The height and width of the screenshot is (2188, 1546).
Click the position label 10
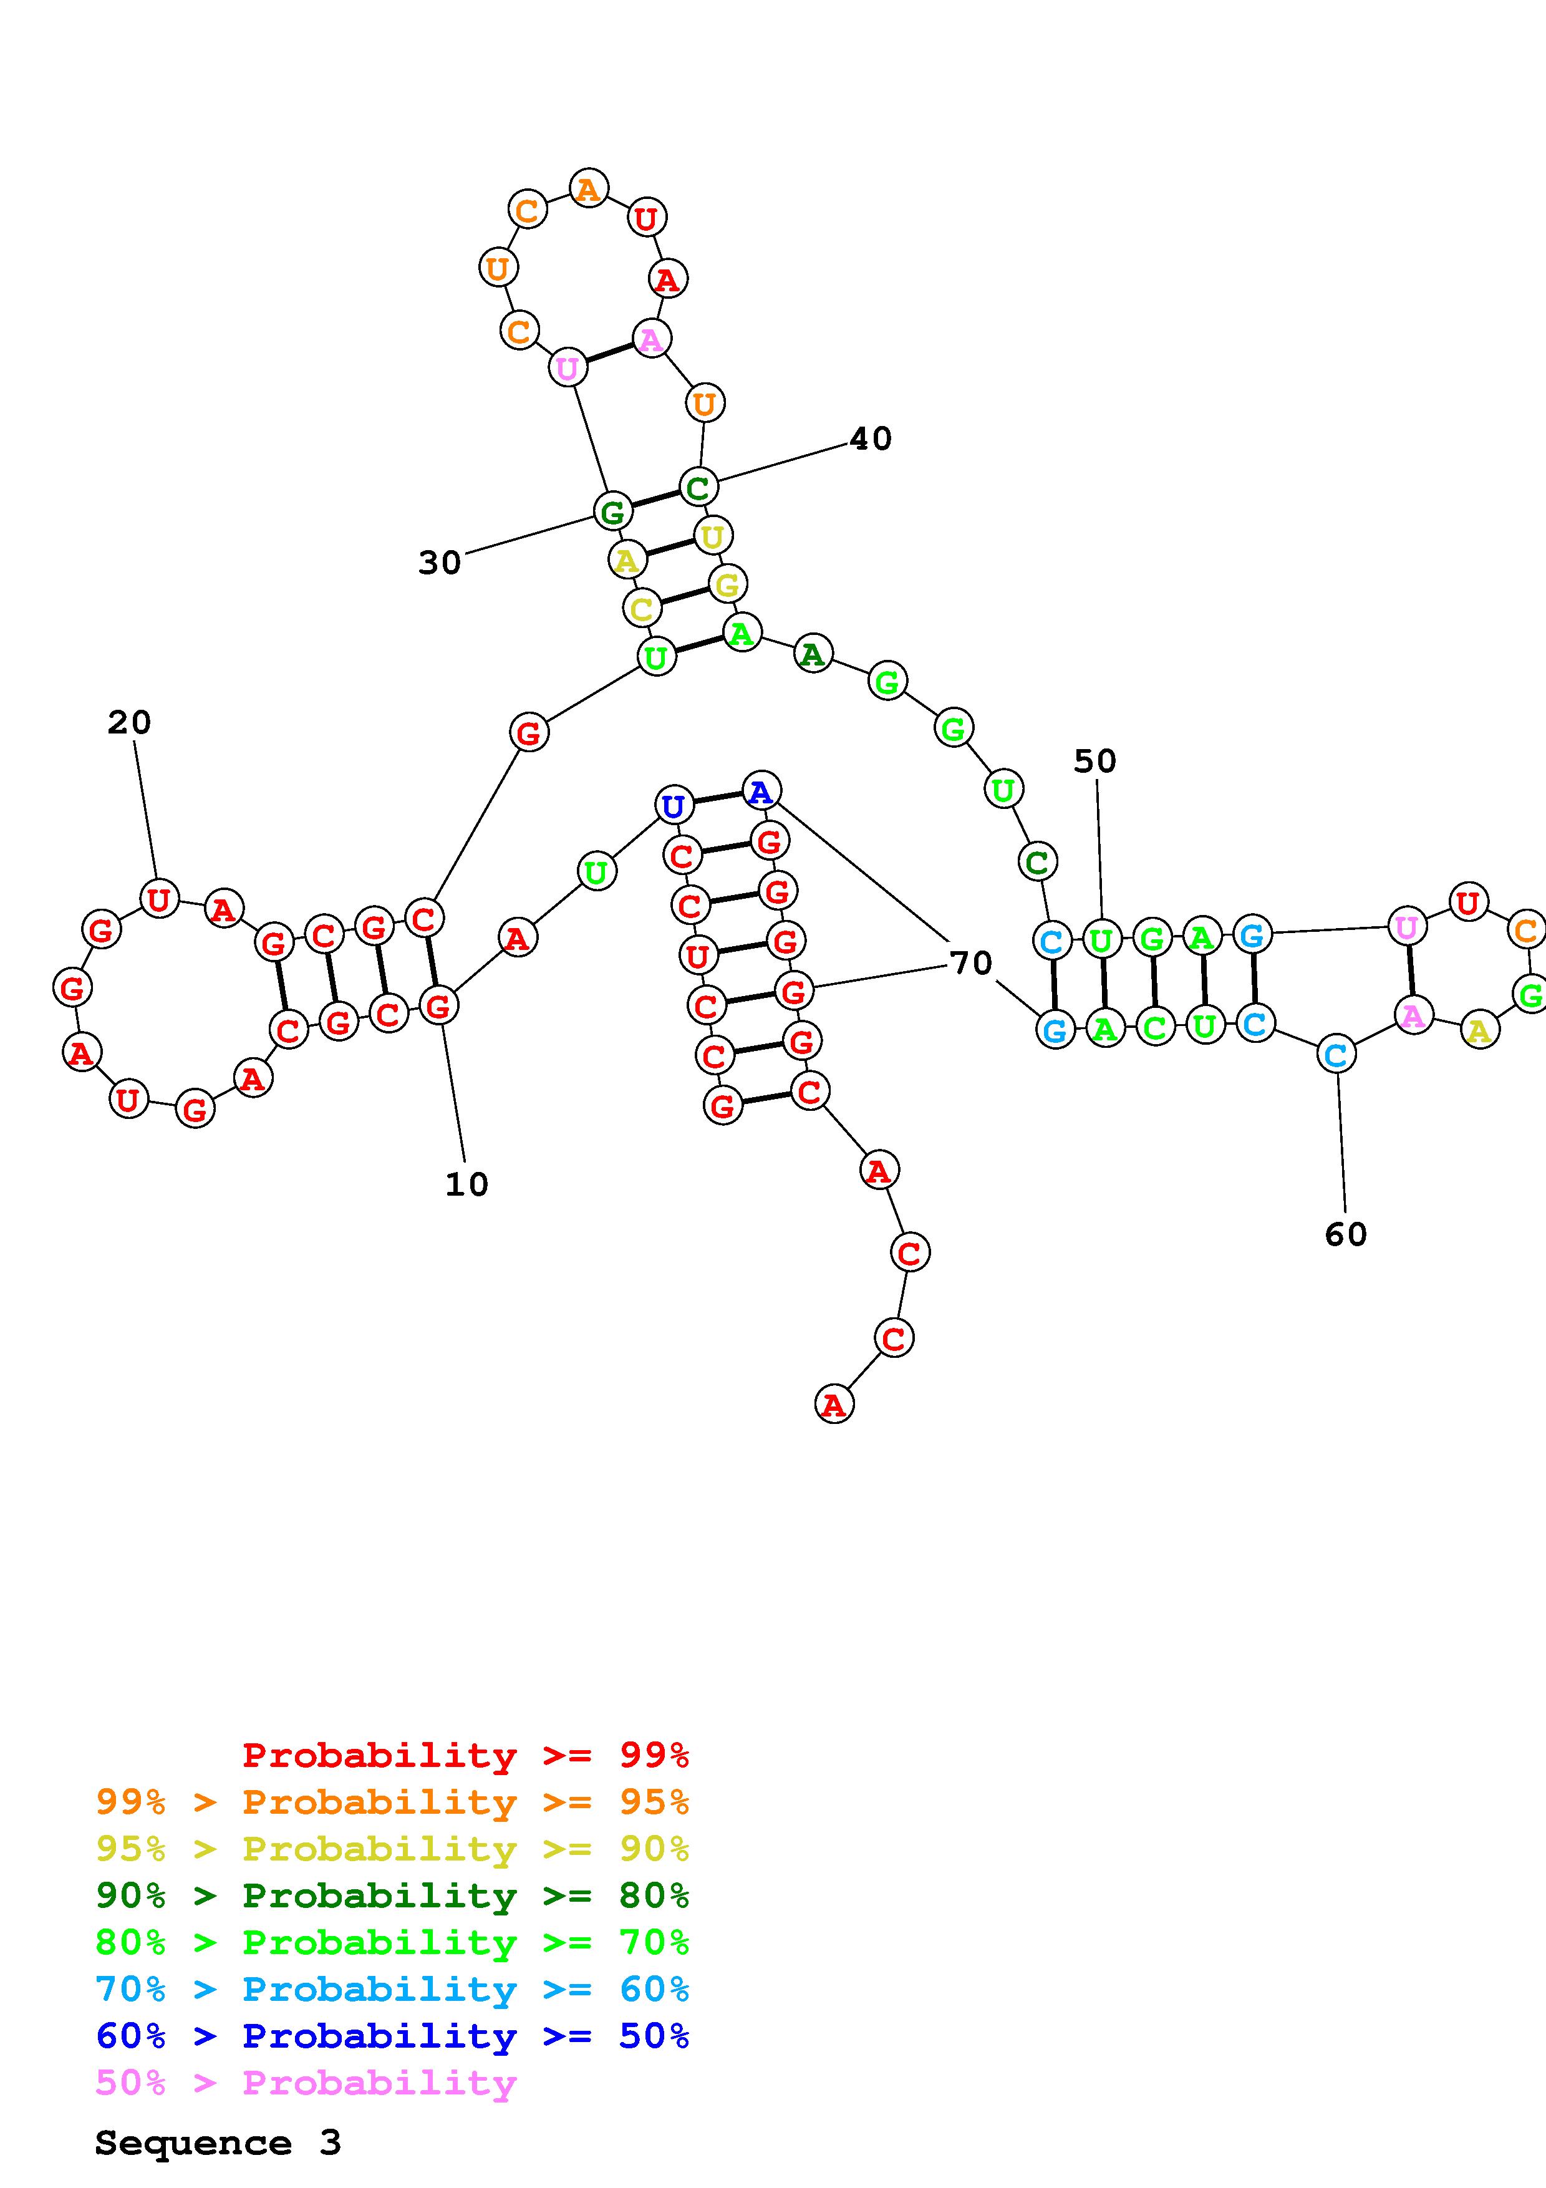[466, 1184]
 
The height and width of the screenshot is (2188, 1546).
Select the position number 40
[870, 438]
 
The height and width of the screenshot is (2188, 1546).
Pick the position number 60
[1345, 1235]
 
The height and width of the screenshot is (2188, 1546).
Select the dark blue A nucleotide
[760, 791]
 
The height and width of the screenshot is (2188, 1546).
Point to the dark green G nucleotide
[612, 511]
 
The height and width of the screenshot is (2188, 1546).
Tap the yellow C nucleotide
[642, 608]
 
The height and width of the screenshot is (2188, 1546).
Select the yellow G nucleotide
[727, 584]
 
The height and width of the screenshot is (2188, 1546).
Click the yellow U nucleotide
[713, 536]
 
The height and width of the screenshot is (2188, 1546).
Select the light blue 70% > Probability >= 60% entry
[392, 1989]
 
